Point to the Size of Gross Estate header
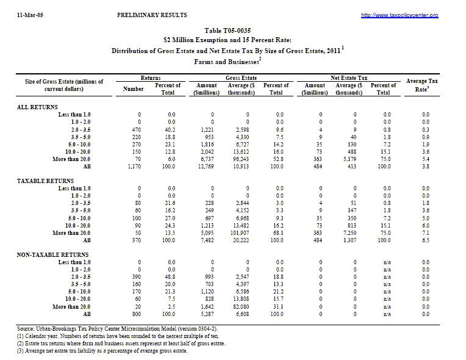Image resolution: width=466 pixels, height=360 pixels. (x=64, y=85)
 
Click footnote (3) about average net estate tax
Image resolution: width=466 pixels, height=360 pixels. (x=101, y=350)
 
